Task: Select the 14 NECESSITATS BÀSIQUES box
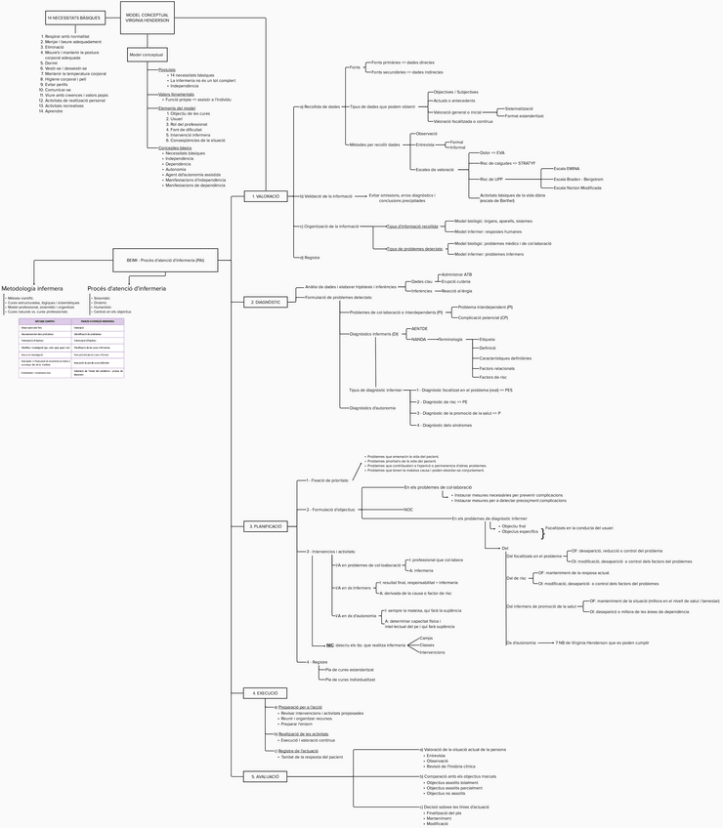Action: coord(74,18)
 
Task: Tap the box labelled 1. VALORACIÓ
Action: coord(266,196)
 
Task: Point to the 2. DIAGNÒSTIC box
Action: coord(266,303)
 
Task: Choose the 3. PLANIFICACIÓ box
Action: coord(266,525)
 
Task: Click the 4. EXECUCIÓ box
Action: coord(266,692)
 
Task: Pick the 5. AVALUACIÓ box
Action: coord(266,775)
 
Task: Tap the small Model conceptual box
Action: coord(148,55)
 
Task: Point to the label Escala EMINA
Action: coord(567,169)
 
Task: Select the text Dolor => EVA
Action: coord(492,153)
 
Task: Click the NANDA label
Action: coord(420,339)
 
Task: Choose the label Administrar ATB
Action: coord(457,275)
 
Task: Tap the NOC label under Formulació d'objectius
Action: coord(408,510)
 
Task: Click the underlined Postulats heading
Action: coord(167,69)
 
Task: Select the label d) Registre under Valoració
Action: coord(310,257)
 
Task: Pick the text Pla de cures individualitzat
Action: coord(350,679)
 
